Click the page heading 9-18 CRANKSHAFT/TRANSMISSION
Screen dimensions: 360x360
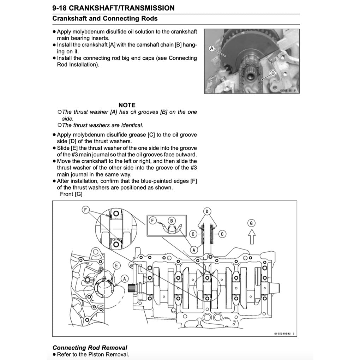point(113,8)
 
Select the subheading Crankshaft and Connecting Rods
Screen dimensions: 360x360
point(105,19)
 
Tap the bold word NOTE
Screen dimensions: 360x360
point(127,105)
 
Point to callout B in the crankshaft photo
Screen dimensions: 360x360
point(272,73)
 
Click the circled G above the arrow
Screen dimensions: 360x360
point(251,223)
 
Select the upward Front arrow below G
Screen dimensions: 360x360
point(251,236)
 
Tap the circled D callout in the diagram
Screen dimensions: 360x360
point(207,212)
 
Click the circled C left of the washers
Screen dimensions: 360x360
point(193,234)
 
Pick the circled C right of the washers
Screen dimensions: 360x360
point(222,234)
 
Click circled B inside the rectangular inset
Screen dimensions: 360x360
point(172,221)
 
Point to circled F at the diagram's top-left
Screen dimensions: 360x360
point(85,210)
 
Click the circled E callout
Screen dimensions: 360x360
point(116,265)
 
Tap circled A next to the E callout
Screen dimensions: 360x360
point(124,278)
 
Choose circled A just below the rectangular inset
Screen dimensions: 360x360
point(193,250)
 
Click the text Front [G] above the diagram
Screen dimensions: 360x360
point(71,194)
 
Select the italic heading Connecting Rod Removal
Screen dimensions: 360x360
point(90,348)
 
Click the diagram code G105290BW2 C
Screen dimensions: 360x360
point(283,333)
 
